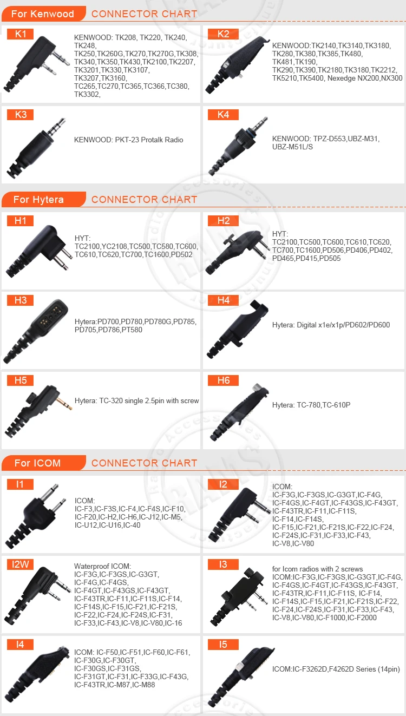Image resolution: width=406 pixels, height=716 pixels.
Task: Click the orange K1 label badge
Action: [21, 34]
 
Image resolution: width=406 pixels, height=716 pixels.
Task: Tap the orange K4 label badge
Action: [223, 114]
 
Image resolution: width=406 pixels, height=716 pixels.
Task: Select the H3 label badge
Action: [21, 300]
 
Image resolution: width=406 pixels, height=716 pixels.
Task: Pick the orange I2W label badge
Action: [21, 564]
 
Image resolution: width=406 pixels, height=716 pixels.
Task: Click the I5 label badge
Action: [223, 645]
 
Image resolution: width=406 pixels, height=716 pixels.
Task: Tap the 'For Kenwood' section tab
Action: [43, 14]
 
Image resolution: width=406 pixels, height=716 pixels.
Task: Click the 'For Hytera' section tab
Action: [38, 200]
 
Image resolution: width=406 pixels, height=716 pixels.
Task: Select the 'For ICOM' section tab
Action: [37, 463]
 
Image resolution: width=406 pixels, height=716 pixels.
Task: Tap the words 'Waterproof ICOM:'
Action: [102, 566]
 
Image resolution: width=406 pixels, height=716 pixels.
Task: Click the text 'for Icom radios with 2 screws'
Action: [317, 569]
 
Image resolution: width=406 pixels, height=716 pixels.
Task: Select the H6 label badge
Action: [223, 380]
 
